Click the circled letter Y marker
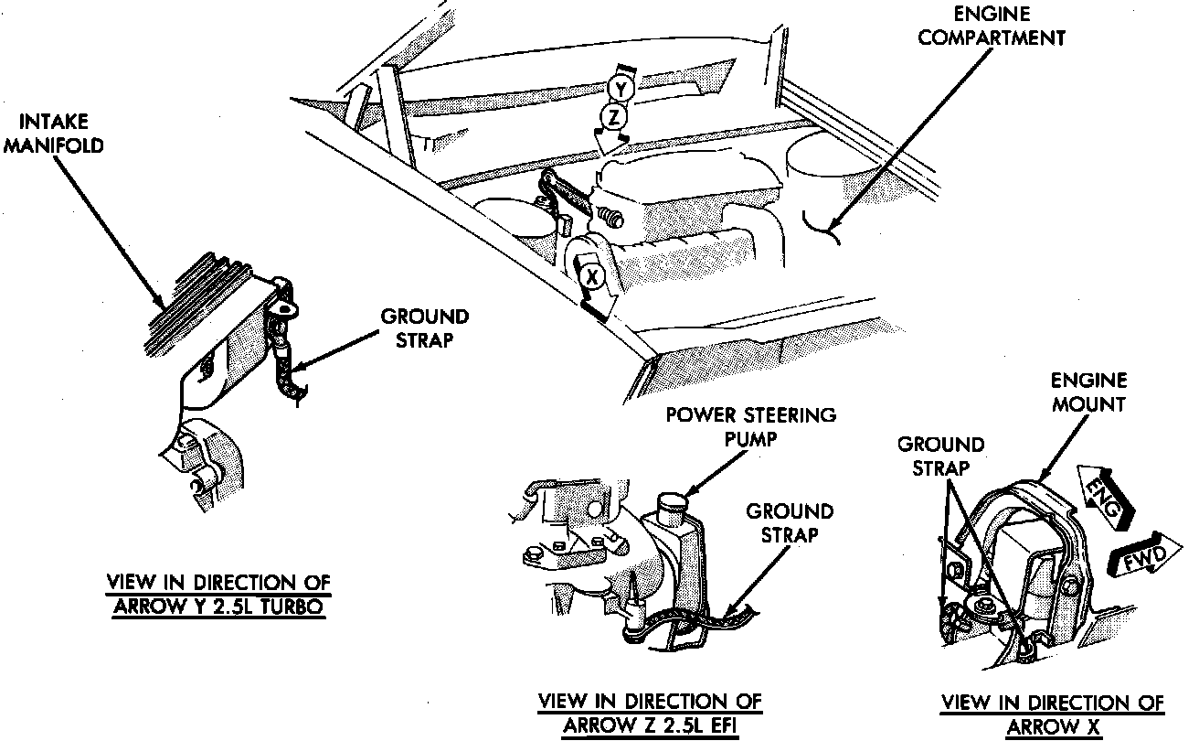(x=621, y=89)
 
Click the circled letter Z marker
(x=615, y=116)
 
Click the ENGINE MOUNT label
(x=1088, y=392)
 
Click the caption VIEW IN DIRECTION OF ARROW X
(x=1053, y=714)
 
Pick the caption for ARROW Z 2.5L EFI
(x=649, y=713)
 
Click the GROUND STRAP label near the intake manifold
(x=424, y=328)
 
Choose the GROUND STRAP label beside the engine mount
(x=940, y=456)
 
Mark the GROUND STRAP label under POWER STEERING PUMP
(x=790, y=523)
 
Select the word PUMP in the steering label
(x=749, y=437)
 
